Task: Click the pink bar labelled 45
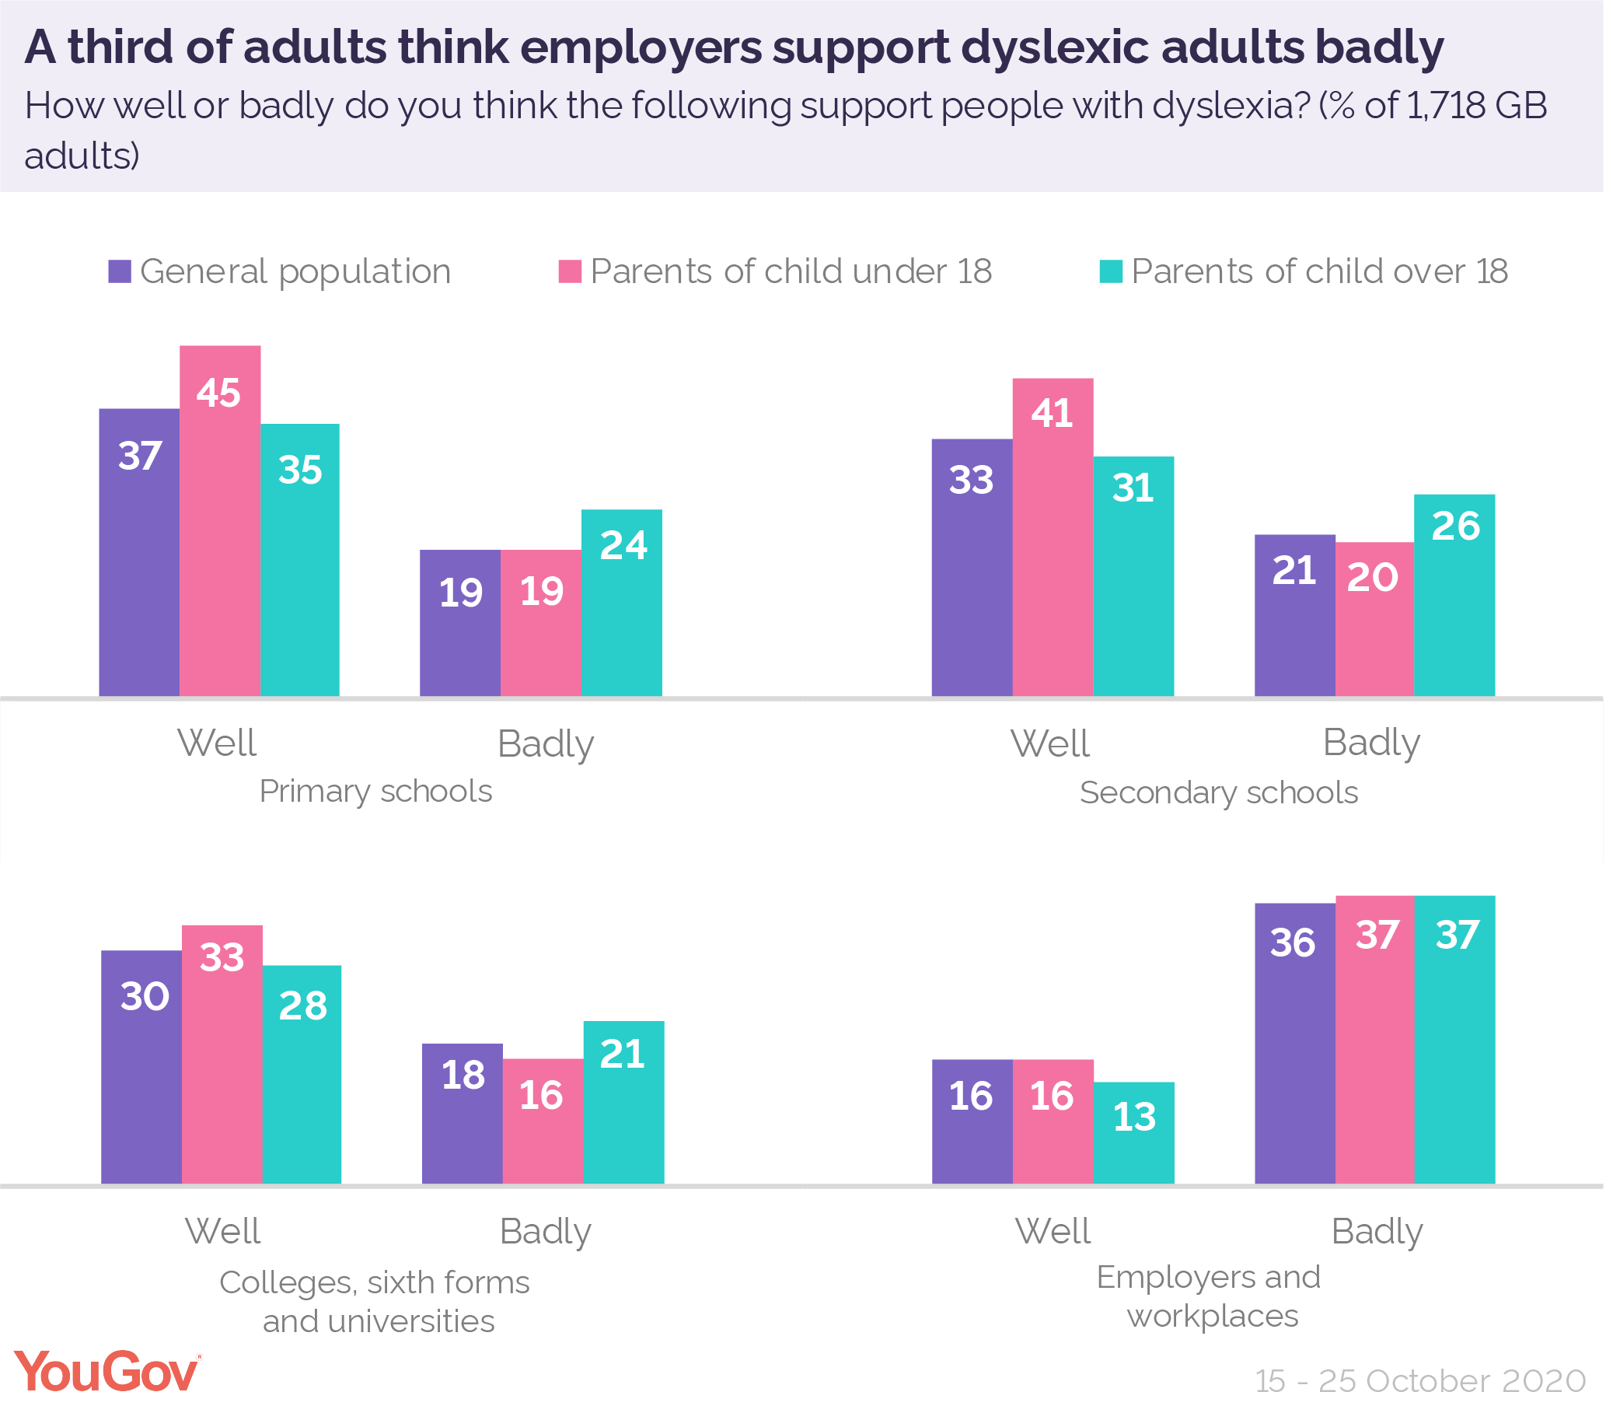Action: click(220, 520)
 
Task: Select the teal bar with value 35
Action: click(300, 560)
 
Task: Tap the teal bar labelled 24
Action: click(622, 603)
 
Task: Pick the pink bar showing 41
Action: click(1053, 537)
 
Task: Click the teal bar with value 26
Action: click(1454, 595)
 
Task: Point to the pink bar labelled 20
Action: click(1374, 618)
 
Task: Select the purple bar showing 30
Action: click(141, 1066)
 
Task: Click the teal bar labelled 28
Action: click(302, 1074)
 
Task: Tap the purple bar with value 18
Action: click(462, 1114)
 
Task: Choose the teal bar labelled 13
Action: click(1134, 1132)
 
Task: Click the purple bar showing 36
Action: click(1295, 1043)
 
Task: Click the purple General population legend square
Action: click(120, 272)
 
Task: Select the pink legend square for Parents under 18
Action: click(570, 272)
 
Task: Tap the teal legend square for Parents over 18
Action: click(1110, 272)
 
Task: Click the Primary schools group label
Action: click(375, 792)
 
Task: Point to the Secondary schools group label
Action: click(1219, 793)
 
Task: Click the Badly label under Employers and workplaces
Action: click(1377, 1232)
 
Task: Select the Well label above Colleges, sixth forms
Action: click(222, 1232)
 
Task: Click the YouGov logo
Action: click(106, 1372)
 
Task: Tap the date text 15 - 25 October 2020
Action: click(1419, 1381)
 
